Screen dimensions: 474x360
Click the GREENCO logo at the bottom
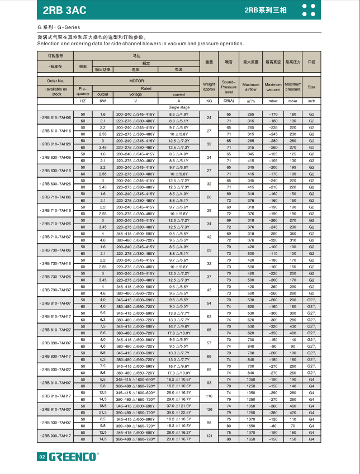coord(73,457)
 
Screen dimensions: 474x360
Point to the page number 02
coord(41,457)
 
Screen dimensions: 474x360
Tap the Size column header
coord(311,87)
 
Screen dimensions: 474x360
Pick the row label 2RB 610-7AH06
coord(56,118)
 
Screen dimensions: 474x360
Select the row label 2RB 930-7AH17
coord(56,435)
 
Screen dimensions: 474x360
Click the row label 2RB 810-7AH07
coord(56,303)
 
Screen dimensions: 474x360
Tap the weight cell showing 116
coord(209,396)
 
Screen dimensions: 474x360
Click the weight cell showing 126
coord(209,409)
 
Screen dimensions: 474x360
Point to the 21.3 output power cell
coord(102,413)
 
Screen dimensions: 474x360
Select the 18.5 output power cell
coord(102,406)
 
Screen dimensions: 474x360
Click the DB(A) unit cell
coord(229,101)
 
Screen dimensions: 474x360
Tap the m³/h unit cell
coord(251,101)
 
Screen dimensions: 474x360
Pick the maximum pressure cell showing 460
coord(293,406)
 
